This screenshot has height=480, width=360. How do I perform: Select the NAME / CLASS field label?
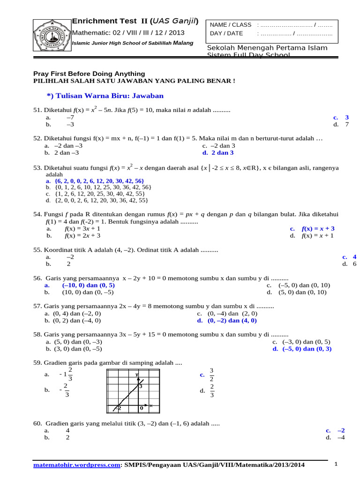231,24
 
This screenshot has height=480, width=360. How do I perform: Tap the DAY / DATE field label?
227,33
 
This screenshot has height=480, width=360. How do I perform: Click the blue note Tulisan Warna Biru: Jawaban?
105,96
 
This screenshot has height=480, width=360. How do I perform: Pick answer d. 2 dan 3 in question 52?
218,153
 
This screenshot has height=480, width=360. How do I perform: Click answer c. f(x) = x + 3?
312,229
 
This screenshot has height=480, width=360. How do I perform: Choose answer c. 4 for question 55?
350,257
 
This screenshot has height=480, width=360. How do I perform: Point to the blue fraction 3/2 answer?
212,375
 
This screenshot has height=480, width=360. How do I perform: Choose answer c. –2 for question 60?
336,430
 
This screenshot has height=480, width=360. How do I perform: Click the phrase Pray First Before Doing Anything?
89,74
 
